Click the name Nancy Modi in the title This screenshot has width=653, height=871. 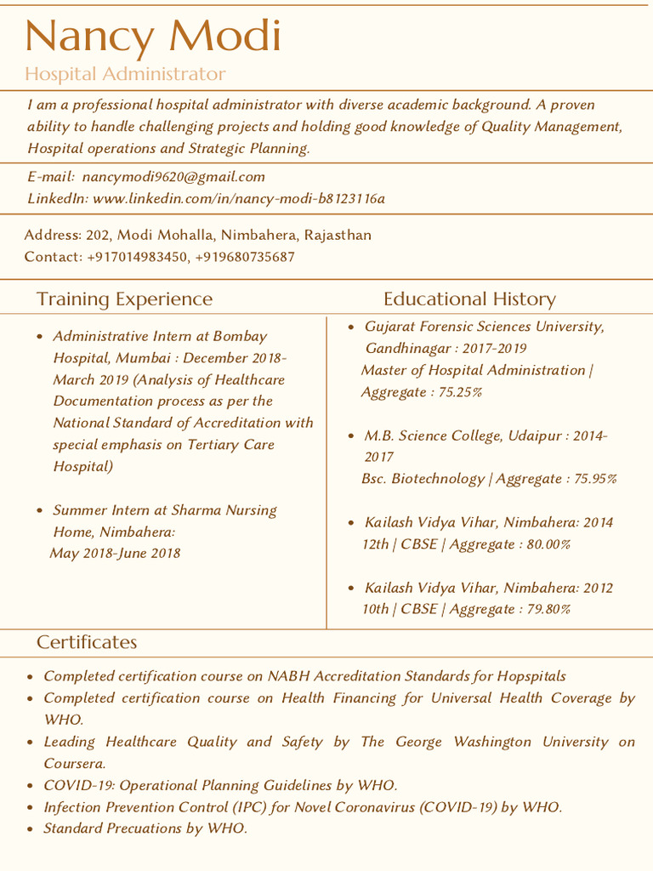(153, 36)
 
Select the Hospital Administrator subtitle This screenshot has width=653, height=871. (125, 74)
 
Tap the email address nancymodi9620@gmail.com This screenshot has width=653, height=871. (173, 177)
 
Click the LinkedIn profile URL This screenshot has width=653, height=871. (238, 198)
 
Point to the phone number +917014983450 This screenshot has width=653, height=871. (137, 256)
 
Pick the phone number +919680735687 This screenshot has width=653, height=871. (245, 256)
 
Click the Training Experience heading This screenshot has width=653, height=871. (124, 299)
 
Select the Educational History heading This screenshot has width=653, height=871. (469, 299)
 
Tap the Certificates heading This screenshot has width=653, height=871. (87, 641)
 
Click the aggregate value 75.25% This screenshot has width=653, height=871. (460, 392)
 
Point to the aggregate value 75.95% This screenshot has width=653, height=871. (595, 479)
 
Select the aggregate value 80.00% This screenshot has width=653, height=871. (548, 544)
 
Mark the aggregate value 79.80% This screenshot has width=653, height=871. (548, 609)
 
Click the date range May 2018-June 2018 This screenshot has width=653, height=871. (115, 554)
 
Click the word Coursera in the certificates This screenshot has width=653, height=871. (73, 764)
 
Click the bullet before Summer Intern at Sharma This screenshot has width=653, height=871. (39, 510)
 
